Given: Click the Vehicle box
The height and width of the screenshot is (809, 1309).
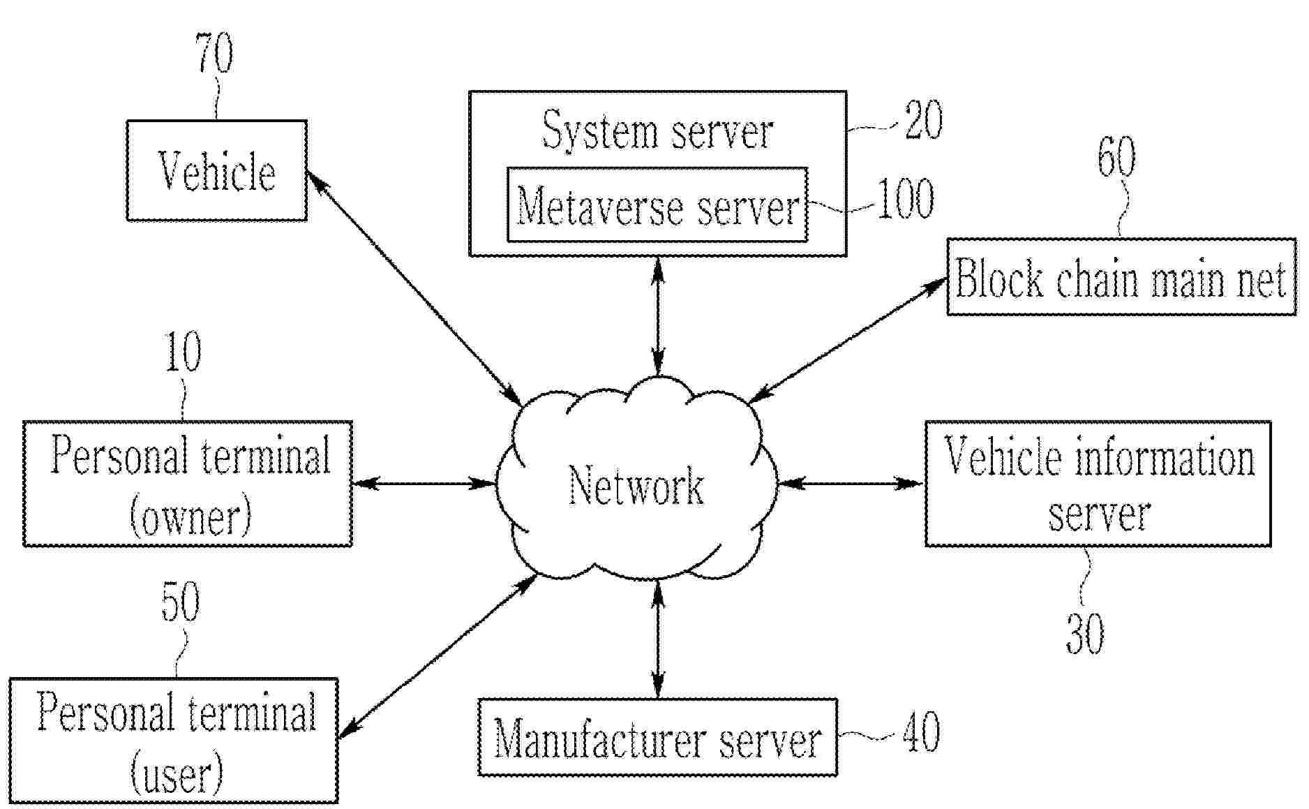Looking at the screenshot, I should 216,170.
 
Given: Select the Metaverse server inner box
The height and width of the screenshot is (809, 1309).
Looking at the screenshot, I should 657,206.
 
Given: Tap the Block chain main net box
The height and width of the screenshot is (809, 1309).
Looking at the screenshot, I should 1121,277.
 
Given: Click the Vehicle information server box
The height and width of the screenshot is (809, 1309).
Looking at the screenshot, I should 1098,483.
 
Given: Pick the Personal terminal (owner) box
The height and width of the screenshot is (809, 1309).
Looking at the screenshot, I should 187,483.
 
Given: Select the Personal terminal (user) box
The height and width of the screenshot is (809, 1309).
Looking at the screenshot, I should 174,740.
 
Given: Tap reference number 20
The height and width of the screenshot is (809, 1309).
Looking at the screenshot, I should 923,119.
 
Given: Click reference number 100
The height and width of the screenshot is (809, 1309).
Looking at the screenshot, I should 904,200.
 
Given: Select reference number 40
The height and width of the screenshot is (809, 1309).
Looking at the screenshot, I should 921,733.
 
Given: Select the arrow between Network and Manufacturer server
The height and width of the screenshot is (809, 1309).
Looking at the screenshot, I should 657,639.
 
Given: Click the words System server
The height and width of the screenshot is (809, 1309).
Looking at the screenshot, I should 657,131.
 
